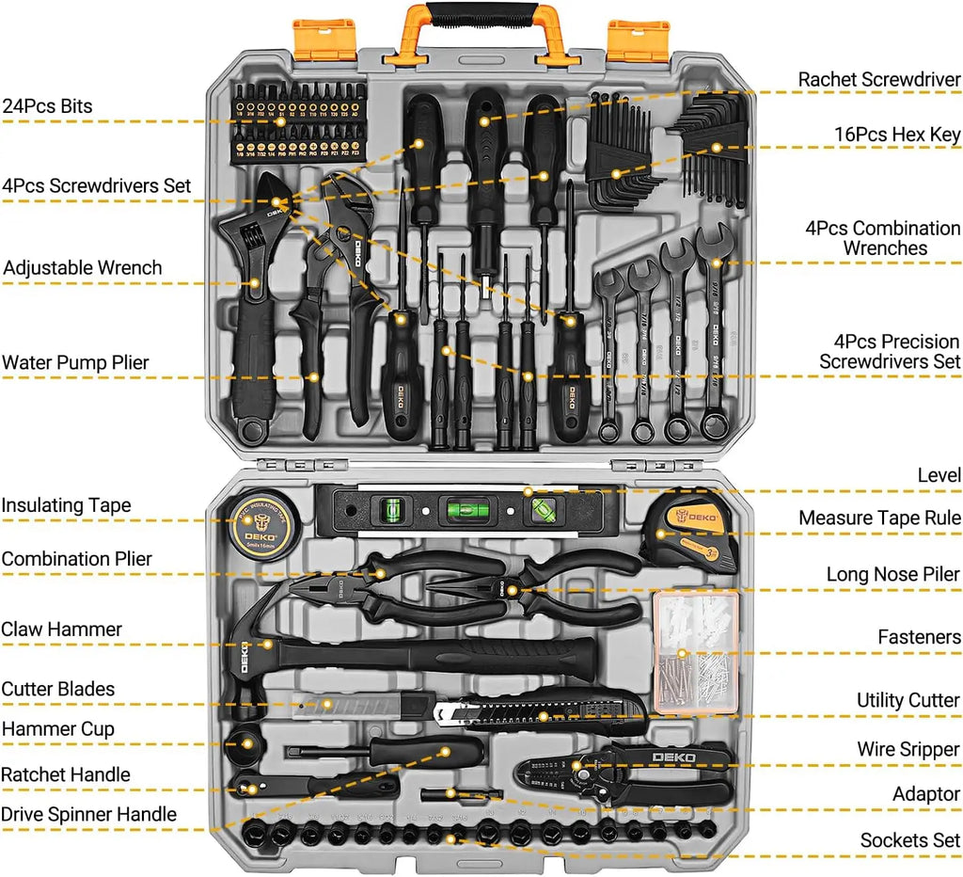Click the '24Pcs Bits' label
coord(47,106)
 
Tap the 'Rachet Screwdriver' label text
coord(879,80)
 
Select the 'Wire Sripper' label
coord(908,750)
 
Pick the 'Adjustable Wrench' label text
coord(82,268)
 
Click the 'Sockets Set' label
coord(910,840)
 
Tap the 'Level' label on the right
coord(939,476)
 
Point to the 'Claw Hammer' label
coord(62,630)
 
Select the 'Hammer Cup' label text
coord(58,729)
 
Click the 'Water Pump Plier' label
coord(75,363)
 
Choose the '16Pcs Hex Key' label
coord(897,135)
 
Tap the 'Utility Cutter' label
coord(908,701)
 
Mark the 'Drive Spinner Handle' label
coord(88,815)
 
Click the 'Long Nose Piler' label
coord(893,574)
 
